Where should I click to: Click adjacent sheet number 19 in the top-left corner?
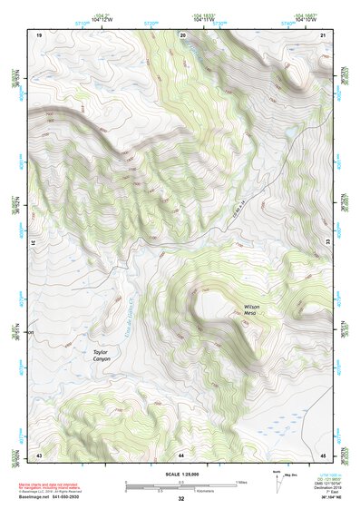[39, 34]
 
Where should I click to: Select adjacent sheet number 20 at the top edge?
[181, 34]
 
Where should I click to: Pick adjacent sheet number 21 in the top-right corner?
[323, 34]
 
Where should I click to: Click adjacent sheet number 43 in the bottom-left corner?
[39, 454]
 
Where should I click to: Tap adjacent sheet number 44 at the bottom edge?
[181, 454]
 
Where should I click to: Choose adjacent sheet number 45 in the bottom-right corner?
[323, 454]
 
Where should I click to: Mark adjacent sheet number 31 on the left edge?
[35, 243]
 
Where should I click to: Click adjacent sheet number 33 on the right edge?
[326, 243]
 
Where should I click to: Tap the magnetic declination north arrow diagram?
[278, 482]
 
